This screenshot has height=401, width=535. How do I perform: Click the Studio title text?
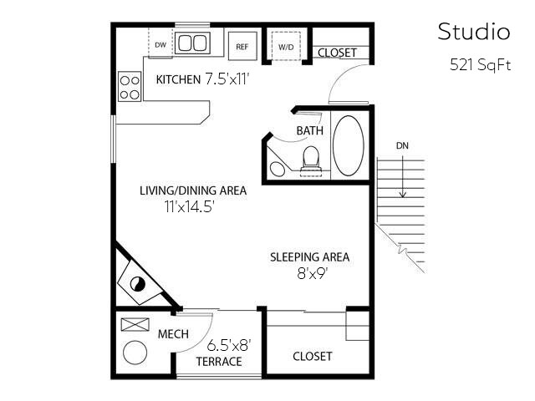pyautogui.click(x=473, y=32)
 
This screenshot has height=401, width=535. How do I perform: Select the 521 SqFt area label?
pyautogui.click(x=479, y=65)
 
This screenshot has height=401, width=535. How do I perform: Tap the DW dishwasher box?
pyautogui.click(x=160, y=44)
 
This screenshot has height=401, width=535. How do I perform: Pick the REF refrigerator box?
pyautogui.click(x=242, y=46)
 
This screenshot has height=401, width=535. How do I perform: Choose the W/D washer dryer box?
pyautogui.click(x=286, y=46)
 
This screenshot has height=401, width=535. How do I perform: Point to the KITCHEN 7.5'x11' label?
pyautogui.click(x=203, y=80)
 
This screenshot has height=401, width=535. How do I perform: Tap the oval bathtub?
pyautogui.click(x=349, y=145)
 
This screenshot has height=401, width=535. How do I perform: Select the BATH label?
pyautogui.click(x=310, y=131)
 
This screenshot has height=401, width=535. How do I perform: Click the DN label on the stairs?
pyautogui.click(x=403, y=145)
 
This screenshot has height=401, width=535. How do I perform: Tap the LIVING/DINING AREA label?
pyautogui.click(x=193, y=190)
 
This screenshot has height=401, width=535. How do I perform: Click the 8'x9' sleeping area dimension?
pyautogui.click(x=309, y=272)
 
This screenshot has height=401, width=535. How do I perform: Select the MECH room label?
pyautogui.click(x=173, y=334)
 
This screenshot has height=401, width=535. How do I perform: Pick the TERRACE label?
pyautogui.click(x=219, y=361)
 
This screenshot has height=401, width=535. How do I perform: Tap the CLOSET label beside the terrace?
pyautogui.click(x=312, y=356)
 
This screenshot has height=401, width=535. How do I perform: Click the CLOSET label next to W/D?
pyautogui.click(x=338, y=53)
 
